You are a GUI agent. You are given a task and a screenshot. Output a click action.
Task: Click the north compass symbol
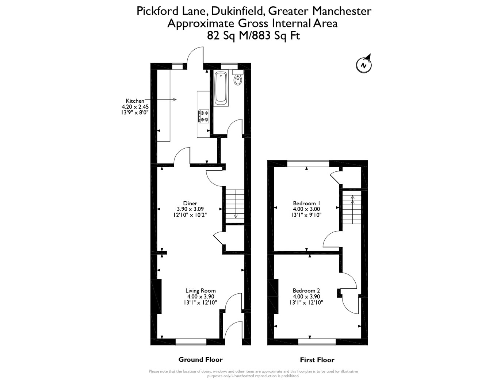pyautogui.click(x=363, y=65)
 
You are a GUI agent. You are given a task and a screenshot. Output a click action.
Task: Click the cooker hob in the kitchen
pyautogui.click(x=203, y=116)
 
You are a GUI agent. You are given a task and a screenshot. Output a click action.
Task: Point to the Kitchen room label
pyautogui.click(x=135, y=101)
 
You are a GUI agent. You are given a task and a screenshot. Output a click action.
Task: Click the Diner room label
pyautogui.click(x=190, y=203)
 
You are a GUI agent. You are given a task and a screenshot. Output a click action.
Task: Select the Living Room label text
pyautogui.click(x=200, y=291)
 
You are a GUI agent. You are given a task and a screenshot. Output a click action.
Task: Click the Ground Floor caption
pyautogui.click(x=200, y=359)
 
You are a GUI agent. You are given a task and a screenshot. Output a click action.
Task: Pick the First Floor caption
pyautogui.click(x=317, y=360)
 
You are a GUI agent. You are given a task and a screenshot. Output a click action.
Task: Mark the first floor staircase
pyautogui.click(x=351, y=209)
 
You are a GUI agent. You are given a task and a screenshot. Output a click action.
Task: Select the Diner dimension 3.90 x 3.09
pyautogui.click(x=190, y=209)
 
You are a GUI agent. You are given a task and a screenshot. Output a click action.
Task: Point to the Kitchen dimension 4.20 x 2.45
pyautogui.click(x=135, y=107)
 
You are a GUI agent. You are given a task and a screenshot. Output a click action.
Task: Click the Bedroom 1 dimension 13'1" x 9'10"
pyautogui.click(x=306, y=215)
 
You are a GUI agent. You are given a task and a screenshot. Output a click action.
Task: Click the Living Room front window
pyautogui.click(x=191, y=342)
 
